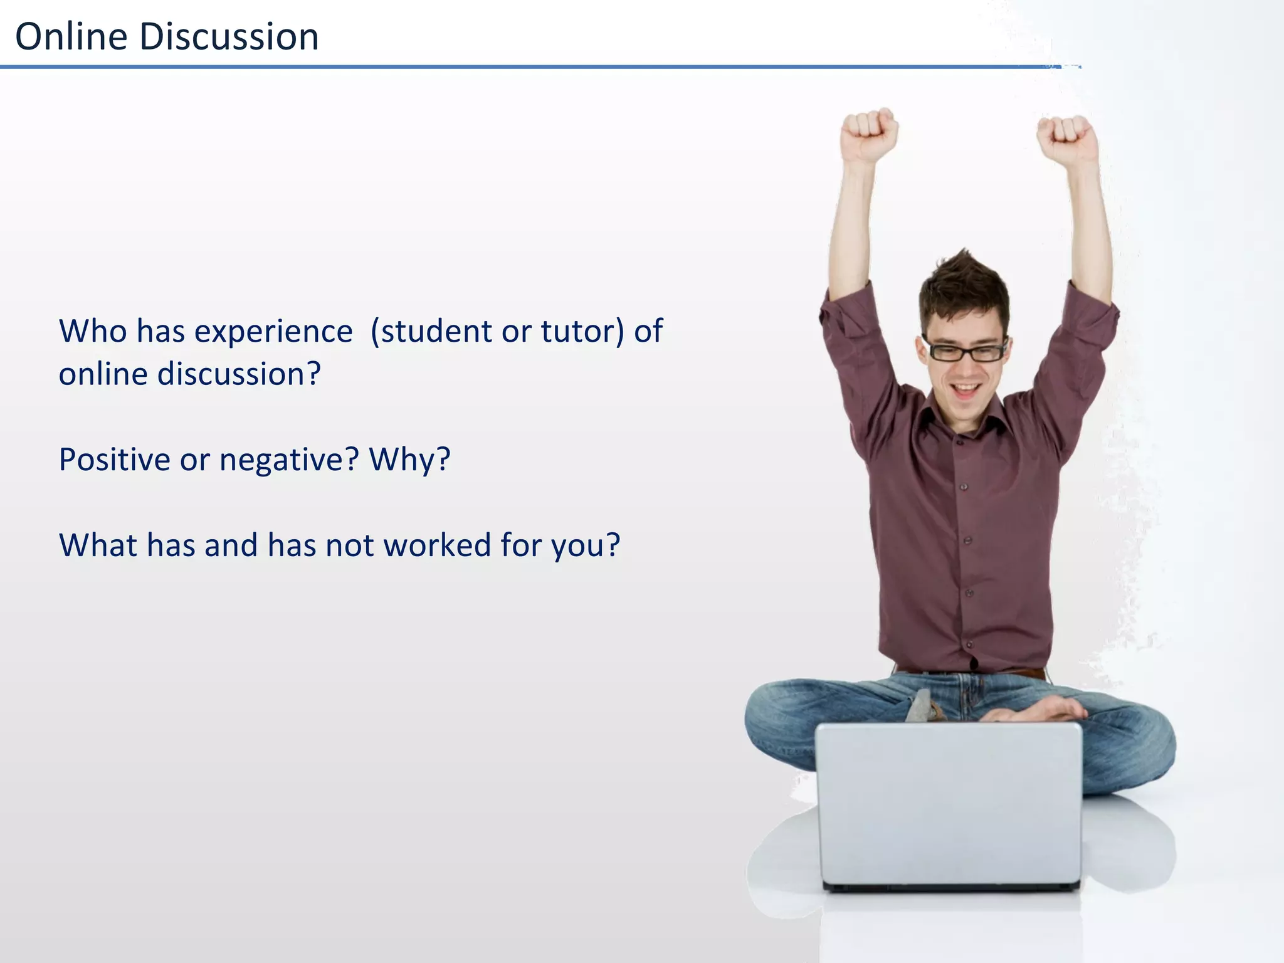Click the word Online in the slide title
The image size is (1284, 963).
point(71,36)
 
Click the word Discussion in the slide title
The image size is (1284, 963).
point(229,36)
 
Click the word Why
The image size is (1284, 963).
point(408,460)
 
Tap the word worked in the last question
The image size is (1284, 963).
point(437,544)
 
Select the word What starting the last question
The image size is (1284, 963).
point(97,544)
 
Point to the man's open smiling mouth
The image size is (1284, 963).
point(965,391)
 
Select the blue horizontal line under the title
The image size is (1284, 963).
point(502,66)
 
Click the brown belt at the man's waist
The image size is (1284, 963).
point(1028,673)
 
